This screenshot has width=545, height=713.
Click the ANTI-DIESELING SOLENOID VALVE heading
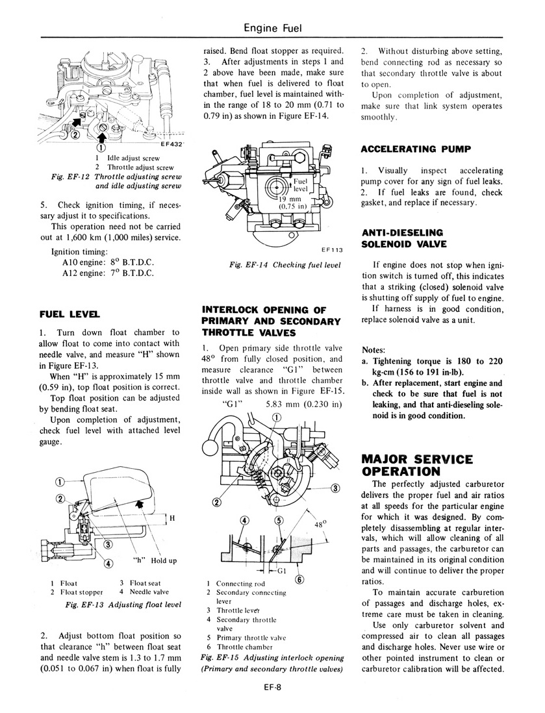(x=403, y=238)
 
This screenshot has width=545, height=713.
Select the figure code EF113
(x=332, y=249)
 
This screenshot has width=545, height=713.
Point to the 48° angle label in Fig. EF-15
(x=320, y=523)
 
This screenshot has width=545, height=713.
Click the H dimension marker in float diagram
(x=172, y=518)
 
